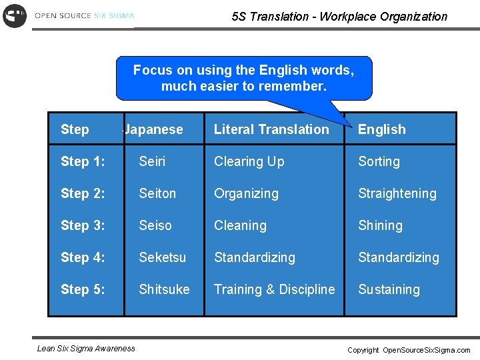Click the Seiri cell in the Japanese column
pyautogui.click(x=152, y=161)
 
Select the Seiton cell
pyautogui.click(x=157, y=193)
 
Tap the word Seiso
pyautogui.click(x=155, y=225)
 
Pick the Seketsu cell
pyautogui.click(x=162, y=257)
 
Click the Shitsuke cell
pyautogui.click(x=164, y=289)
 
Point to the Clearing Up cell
pyautogui.click(x=249, y=161)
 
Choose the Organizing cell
pyautogui.click(x=246, y=193)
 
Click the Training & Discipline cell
pyautogui.click(x=274, y=289)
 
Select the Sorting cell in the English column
pyautogui.click(x=379, y=161)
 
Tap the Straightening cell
pyautogui.click(x=397, y=193)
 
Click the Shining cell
pyautogui.click(x=380, y=225)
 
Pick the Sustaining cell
pyautogui.click(x=389, y=289)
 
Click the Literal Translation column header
pyautogui.click(x=271, y=129)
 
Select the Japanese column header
pyautogui.click(x=154, y=129)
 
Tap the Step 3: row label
pyautogui.click(x=83, y=225)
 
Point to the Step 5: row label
pyautogui.click(x=83, y=289)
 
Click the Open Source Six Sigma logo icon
pyautogui.click(x=14, y=15)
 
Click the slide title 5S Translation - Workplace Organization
pyautogui.click(x=339, y=17)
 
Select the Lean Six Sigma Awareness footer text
pyautogui.click(x=86, y=348)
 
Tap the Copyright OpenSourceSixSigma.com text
pyautogui.click(x=409, y=350)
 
